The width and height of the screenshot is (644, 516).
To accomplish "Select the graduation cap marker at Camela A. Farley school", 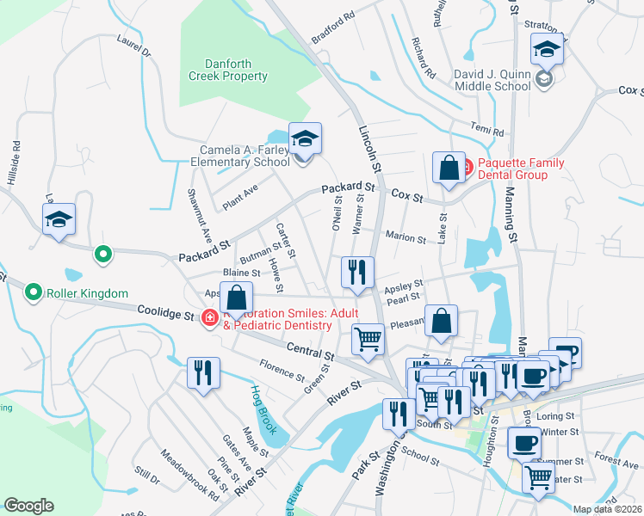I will point(305,138).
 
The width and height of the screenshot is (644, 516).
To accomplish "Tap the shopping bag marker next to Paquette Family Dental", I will point(449,168).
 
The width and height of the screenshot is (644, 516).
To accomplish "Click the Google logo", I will point(28,506).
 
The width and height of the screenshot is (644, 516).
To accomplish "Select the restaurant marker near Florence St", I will point(204,373).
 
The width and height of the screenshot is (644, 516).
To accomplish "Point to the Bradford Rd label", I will point(333,28).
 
